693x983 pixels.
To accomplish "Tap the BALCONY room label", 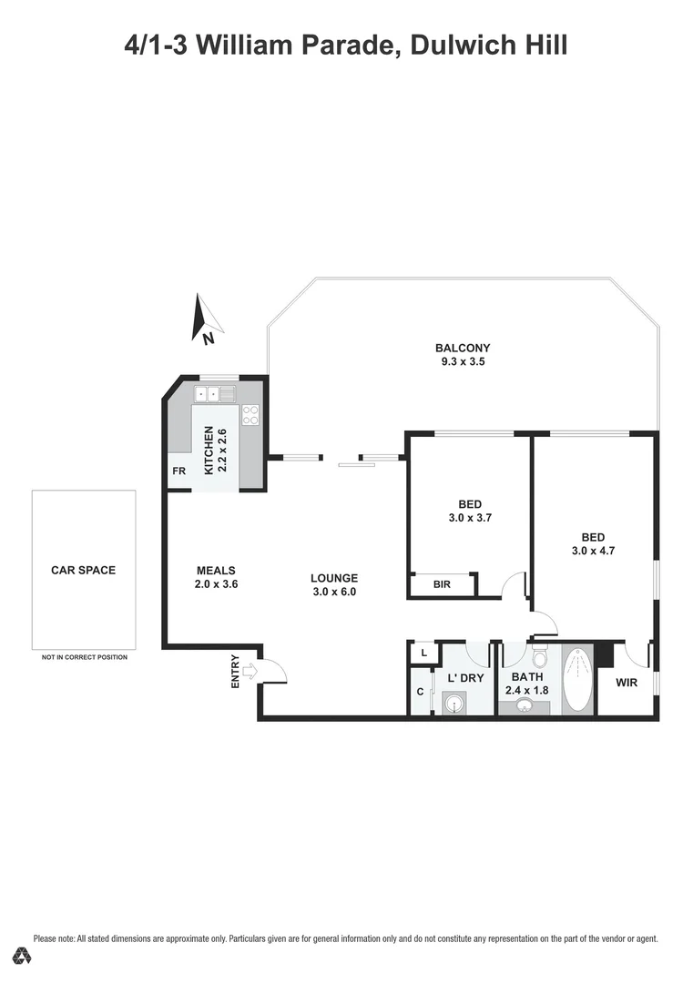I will tap(463, 348).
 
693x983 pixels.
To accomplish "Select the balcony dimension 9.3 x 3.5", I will tap(463, 361).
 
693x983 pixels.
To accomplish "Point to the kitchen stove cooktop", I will tap(250, 415).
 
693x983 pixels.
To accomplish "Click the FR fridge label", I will tap(178, 471).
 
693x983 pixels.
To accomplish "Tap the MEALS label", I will tap(216, 571).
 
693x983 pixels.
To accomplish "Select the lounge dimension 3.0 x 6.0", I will tap(333, 591).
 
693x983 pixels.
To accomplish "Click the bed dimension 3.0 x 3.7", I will tap(470, 518).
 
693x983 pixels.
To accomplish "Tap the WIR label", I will tap(626, 681).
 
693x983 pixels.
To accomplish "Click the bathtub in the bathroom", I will tap(577, 683).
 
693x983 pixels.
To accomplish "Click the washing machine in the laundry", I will tap(455, 703).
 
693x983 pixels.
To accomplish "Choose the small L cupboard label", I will tap(423, 653).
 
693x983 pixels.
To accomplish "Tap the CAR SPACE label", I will tap(84, 571).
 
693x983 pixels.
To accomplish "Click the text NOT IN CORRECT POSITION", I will tap(84, 657).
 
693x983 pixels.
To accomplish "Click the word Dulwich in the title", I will tap(467, 44).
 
